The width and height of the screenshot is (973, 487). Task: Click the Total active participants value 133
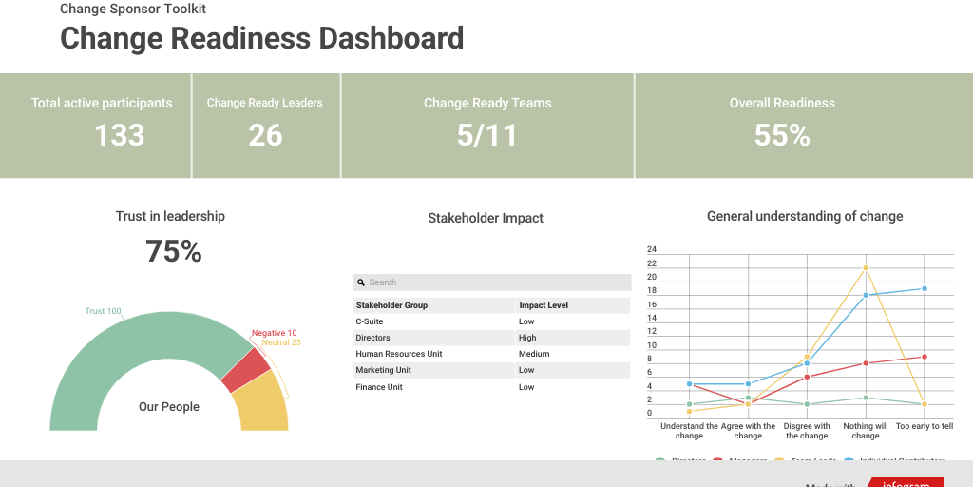(x=120, y=135)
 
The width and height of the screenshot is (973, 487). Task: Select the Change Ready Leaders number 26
(x=265, y=135)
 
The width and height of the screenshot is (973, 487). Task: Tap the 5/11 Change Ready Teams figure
(x=486, y=135)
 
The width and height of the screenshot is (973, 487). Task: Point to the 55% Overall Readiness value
(x=782, y=135)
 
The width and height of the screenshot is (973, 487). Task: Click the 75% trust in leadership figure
(x=173, y=251)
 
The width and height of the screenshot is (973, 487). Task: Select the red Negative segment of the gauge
(x=246, y=371)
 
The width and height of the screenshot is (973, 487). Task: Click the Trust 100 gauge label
(x=103, y=311)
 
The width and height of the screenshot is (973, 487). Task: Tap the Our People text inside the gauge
(x=169, y=407)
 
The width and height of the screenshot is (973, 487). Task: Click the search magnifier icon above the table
(x=361, y=282)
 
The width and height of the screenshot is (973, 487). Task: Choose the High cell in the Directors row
(x=527, y=338)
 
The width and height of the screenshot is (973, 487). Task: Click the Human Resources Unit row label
(x=398, y=354)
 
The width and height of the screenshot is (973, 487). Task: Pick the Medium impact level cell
(x=534, y=354)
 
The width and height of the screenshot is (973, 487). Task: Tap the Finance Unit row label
(x=378, y=387)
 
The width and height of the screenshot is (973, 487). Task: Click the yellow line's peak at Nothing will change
(x=866, y=267)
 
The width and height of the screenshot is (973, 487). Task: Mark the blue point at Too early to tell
(x=925, y=288)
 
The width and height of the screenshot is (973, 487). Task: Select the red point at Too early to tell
(x=925, y=357)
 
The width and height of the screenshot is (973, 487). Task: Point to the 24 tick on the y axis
(x=652, y=249)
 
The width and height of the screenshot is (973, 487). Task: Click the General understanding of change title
(x=805, y=216)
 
